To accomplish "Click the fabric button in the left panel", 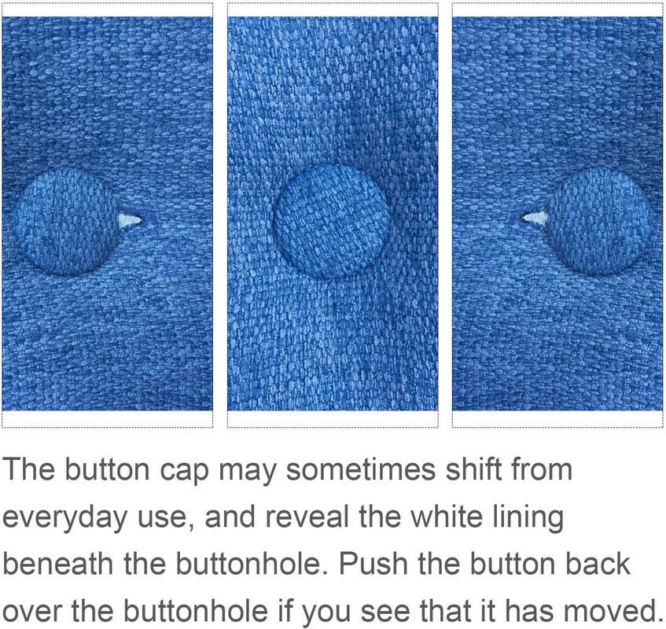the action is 64,221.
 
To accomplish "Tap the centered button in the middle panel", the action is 331,221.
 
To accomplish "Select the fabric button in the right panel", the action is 600,221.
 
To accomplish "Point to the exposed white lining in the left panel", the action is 129,220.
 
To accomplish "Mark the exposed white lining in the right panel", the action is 535,219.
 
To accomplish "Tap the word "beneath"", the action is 57,564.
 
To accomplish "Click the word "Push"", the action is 373,564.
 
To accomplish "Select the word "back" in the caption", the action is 597,564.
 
